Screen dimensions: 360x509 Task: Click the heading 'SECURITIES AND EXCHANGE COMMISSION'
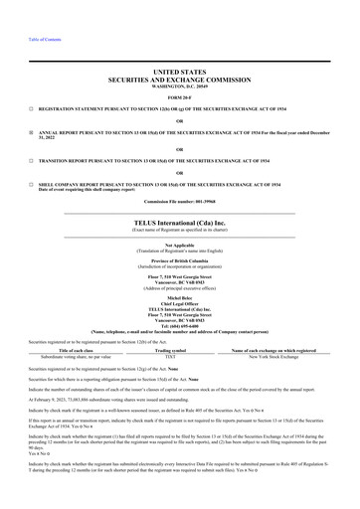(180, 80)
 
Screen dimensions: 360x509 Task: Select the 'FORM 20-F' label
(180, 96)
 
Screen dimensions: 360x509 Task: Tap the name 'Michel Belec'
(180, 296)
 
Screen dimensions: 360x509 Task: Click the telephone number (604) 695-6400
(180, 324)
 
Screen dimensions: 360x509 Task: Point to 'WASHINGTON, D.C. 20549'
(180, 86)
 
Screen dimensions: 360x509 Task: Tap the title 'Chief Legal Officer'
(180, 302)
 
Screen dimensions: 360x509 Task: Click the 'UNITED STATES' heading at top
(180, 73)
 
